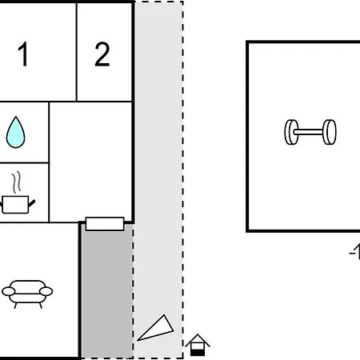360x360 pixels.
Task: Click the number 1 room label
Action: click(x=23, y=54)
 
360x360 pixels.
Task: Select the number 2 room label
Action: click(x=102, y=54)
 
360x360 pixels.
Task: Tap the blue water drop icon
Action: click(x=15, y=132)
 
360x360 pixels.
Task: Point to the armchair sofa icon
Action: click(x=27, y=294)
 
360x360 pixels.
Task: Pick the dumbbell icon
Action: click(x=310, y=132)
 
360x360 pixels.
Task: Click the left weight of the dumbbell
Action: click(x=291, y=132)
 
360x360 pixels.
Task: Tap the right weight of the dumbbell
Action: click(x=330, y=132)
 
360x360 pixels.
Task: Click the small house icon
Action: click(x=198, y=345)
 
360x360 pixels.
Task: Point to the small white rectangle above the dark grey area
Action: click(x=105, y=224)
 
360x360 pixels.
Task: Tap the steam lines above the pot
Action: click(x=17, y=182)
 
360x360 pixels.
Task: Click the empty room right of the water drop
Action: click(x=90, y=162)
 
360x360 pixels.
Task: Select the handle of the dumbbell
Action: click(x=310, y=132)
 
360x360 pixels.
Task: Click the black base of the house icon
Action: click(x=198, y=353)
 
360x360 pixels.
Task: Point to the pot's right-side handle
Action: click(x=32, y=203)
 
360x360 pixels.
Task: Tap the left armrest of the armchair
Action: click(x=8, y=291)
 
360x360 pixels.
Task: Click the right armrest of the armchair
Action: click(x=46, y=291)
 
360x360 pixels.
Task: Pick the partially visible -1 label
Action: click(x=354, y=251)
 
